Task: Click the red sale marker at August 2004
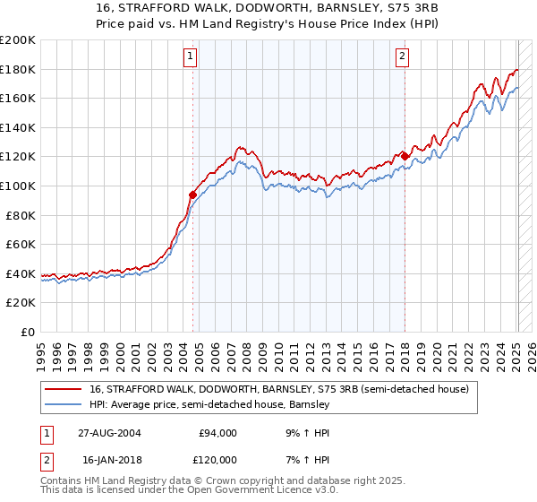click(x=192, y=194)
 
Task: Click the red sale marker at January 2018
click(x=405, y=156)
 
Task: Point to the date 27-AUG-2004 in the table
click(x=111, y=433)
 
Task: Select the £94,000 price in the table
click(x=217, y=433)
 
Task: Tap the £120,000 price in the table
click(x=215, y=460)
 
